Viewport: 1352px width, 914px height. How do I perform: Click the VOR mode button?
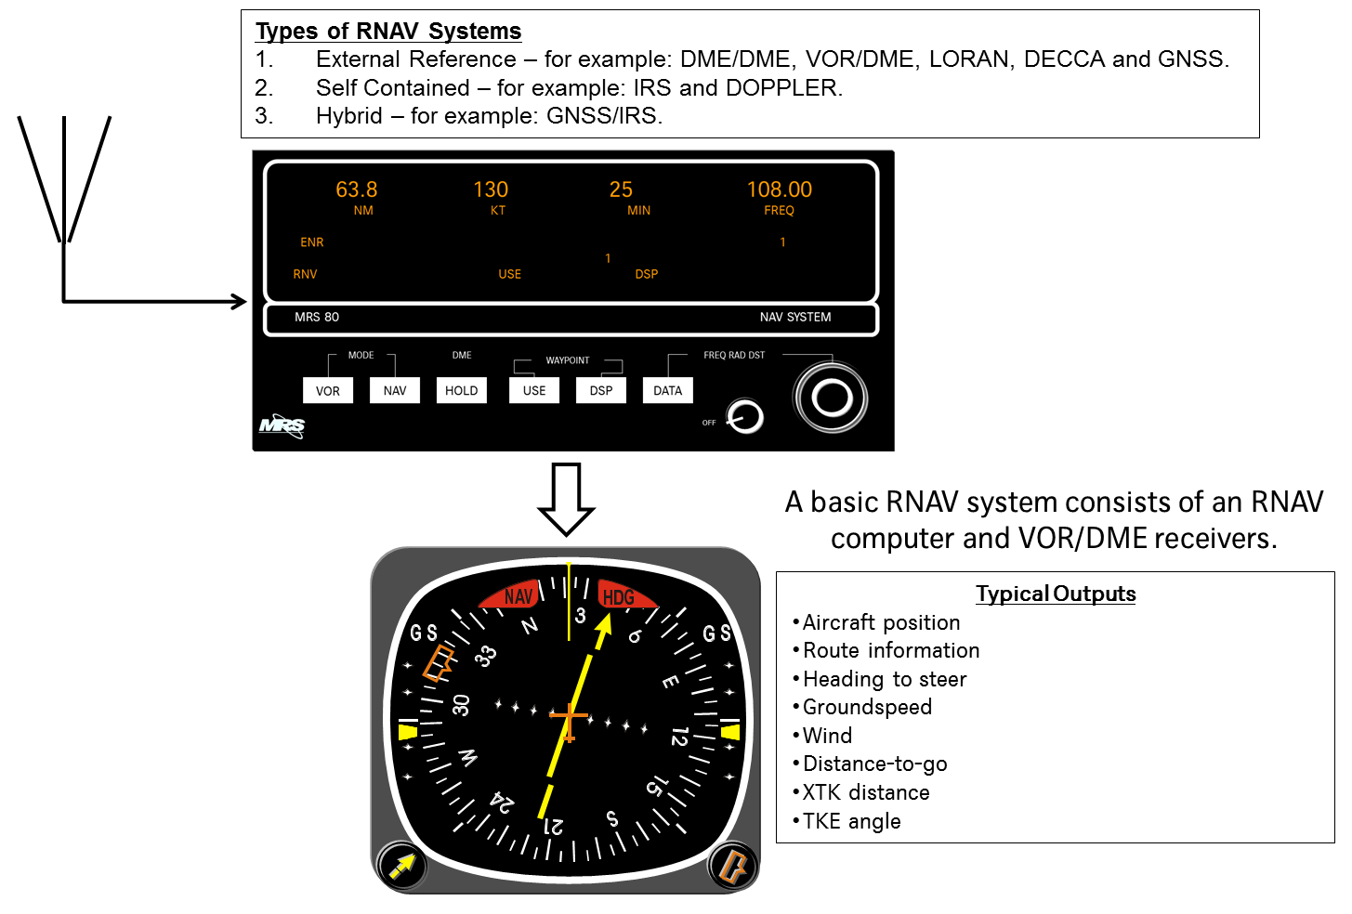coord(328,390)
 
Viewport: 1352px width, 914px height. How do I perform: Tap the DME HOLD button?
coord(461,390)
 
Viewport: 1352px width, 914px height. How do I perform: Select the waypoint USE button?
coord(534,390)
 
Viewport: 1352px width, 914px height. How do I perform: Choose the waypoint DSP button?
coord(601,390)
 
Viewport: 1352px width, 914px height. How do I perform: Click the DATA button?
coord(667,390)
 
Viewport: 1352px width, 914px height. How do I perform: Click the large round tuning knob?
coord(832,398)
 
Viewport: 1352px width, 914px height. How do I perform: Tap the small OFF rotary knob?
coord(744,417)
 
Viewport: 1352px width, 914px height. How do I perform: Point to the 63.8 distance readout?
coord(357,190)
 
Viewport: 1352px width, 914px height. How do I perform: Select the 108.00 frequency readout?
coord(779,190)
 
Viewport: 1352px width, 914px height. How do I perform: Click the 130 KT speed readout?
coord(491,190)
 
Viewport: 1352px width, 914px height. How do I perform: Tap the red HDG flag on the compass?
coord(621,595)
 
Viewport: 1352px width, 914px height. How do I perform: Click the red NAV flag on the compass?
coord(516,595)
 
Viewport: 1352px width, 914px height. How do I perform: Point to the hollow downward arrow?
coord(566,498)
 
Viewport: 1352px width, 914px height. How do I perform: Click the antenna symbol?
coord(64,181)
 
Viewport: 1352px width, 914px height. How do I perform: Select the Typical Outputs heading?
coord(1056,594)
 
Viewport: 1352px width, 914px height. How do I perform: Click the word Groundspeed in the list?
coord(867,707)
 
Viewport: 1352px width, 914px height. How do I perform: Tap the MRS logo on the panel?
coord(282,425)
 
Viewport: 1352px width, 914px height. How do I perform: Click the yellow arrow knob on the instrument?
coord(402,867)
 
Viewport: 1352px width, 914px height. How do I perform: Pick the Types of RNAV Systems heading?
coord(388,31)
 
